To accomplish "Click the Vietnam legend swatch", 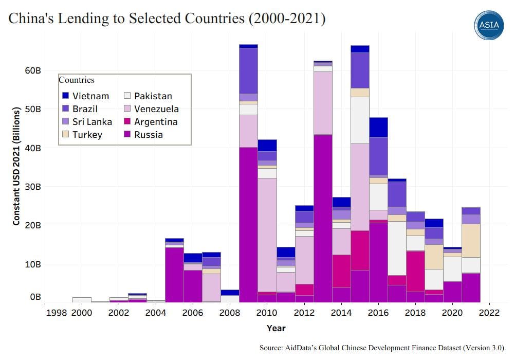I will click(66, 96).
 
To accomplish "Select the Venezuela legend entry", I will click(156, 109).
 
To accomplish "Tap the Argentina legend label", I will click(156, 122).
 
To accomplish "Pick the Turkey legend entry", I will click(87, 135).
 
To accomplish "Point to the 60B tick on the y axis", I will click(32, 70).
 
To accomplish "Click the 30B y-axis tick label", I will click(32, 187).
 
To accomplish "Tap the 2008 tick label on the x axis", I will click(229, 313).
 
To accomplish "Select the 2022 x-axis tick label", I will click(489, 313).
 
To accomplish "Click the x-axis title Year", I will click(276, 328).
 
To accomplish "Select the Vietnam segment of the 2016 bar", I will click(378, 127).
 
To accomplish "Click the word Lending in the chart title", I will click(84, 19).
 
